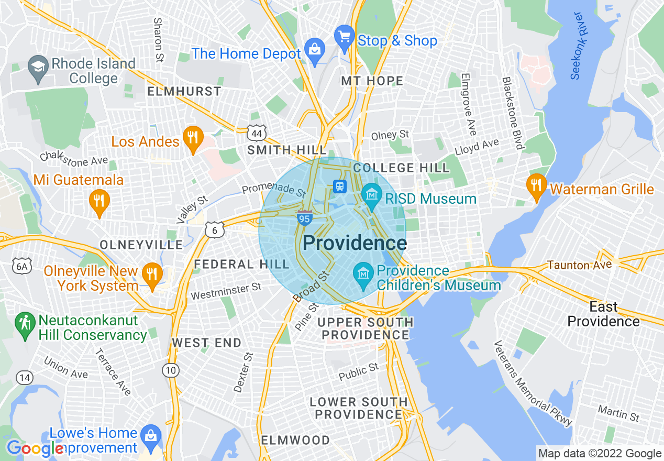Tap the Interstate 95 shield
tap(305, 218)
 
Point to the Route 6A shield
tap(21, 267)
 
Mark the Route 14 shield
tap(24, 377)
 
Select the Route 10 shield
tap(170, 370)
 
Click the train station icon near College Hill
tap(340, 186)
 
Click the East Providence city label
tap(603, 314)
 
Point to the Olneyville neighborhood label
tap(141, 245)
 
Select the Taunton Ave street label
tap(579, 265)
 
